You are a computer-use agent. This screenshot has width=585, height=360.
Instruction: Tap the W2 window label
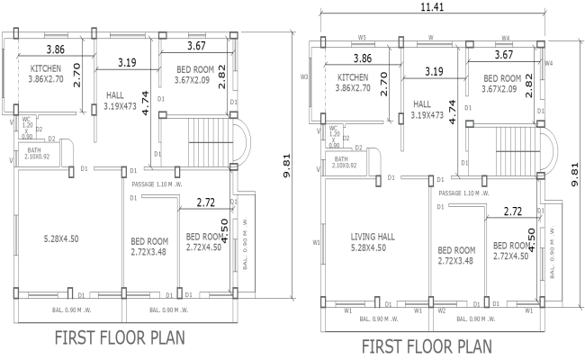coord(442,310)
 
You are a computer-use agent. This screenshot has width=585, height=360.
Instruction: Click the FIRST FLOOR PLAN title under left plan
coord(119,339)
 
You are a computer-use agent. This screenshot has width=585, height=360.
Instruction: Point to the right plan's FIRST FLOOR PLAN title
coord(427,346)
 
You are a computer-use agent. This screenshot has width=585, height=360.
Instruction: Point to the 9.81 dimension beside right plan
coord(575,168)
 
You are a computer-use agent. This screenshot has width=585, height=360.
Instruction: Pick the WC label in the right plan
coord(334,130)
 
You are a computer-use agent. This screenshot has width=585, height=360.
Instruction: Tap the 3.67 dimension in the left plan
coord(197,46)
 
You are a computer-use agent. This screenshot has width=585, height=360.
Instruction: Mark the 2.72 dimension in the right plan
coord(513,211)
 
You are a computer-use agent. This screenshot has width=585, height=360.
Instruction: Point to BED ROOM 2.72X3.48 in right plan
coord(456,256)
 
